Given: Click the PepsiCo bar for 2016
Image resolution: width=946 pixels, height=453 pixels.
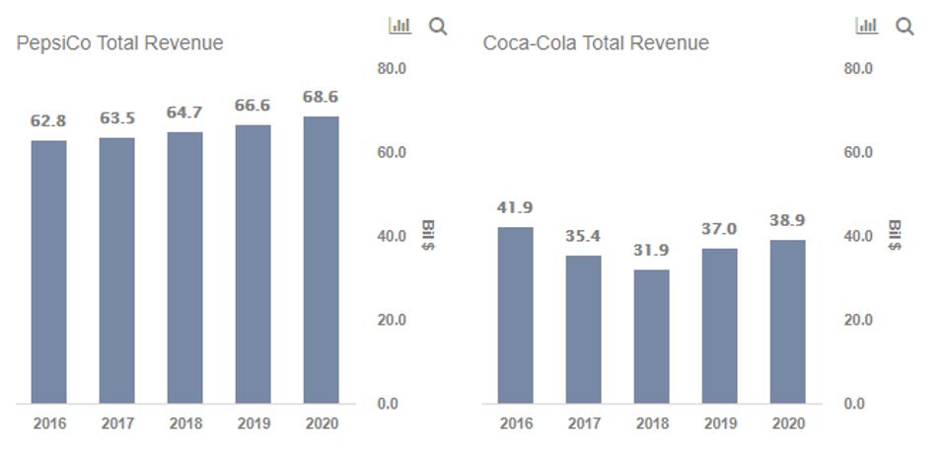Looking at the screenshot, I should pos(48,271).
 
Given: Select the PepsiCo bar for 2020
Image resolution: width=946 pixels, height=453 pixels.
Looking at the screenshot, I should pos(321,260).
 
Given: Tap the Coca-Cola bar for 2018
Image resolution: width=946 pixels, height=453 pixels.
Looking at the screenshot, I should pos(651,337).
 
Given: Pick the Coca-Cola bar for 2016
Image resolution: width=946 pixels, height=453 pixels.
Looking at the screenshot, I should pos(515,315).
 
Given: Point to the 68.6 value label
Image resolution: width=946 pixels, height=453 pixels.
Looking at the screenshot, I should pos(321,98).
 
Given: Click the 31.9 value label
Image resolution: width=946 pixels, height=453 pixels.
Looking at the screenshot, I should pos(651,251).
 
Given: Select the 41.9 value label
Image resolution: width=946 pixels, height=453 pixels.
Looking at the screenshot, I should pos(515,207).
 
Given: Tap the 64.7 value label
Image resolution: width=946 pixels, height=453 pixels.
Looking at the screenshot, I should pos(184,113).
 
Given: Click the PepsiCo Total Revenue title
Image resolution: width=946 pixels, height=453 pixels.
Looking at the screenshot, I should pos(119,43).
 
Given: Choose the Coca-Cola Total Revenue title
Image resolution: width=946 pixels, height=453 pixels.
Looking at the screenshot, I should pos(596,43).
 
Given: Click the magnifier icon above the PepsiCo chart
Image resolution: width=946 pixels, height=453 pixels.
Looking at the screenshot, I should pos(438,27).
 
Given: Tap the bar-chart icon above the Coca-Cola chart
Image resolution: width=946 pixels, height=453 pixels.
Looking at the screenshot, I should pos(866,26).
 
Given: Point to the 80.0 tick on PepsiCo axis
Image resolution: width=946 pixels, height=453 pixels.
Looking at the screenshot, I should pos(392,69).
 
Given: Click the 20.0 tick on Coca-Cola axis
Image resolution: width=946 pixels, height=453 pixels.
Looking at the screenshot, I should pos(858,320).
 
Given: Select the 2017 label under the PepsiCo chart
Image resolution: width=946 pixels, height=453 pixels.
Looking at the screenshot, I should pos(117,423).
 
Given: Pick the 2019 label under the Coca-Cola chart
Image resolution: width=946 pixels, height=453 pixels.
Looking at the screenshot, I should pos(719,423).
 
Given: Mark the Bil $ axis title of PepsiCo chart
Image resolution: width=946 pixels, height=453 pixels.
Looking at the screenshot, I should pos(427,235).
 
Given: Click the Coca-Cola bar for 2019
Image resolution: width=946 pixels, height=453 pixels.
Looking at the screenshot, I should pos(719,326).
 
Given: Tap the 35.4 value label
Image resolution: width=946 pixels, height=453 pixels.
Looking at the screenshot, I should pos(583,236).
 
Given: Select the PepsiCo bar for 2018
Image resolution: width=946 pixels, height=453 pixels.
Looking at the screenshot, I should pos(184,267).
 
